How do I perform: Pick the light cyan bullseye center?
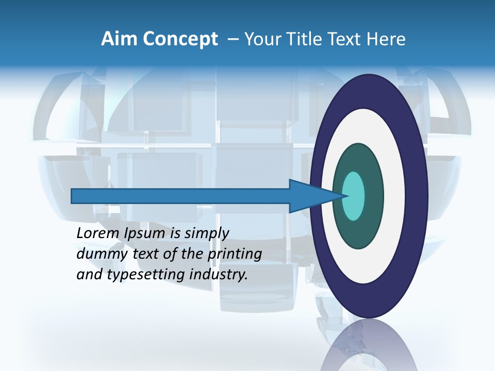(x=353, y=196)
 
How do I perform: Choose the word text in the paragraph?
(x=146, y=254)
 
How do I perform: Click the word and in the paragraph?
(x=89, y=275)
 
